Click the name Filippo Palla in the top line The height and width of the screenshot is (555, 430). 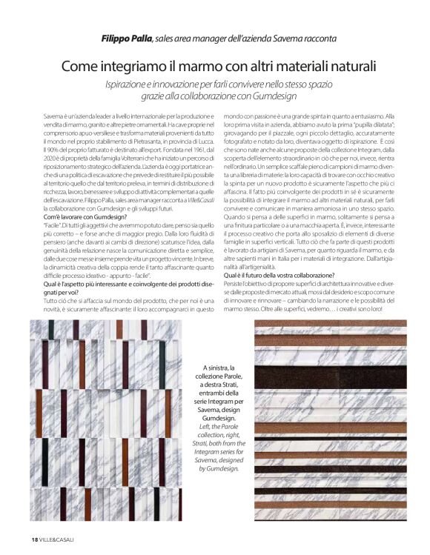127,38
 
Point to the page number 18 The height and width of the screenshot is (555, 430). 34,538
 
